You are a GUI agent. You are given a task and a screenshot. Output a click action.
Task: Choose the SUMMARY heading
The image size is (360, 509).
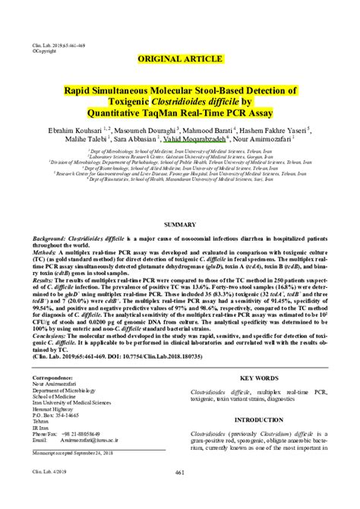point(179,226)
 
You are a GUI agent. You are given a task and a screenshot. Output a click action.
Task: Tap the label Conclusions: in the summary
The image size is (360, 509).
point(53,334)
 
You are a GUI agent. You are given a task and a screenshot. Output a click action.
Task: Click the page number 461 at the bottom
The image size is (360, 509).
point(180,494)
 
